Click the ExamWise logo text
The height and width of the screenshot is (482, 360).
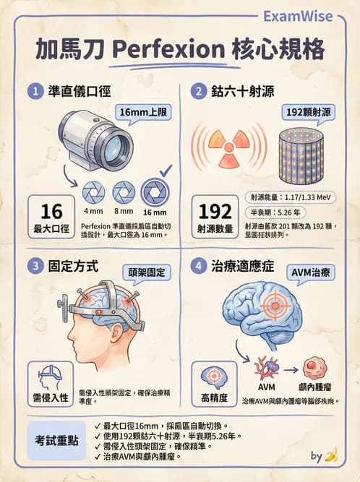click(x=298, y=17)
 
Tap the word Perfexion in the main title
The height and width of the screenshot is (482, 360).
click(x=168, y=50)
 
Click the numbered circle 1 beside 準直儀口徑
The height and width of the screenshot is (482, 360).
click(x=35, y=92)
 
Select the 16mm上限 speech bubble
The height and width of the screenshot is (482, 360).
click(x=142, y=113)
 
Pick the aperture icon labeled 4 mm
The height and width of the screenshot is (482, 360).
click(x=93, y=193)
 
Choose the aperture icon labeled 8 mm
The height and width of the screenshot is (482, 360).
click(x=124, y=193)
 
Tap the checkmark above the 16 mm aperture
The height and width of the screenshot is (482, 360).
click(x=166, y=171)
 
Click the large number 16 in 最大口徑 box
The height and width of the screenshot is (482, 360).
click(x=51, y=211)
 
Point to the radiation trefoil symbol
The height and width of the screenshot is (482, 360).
click(x=228, y=148)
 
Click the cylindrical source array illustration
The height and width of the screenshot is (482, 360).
click(x=301, y=157)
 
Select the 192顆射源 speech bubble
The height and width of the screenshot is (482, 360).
click(x=309, y=113)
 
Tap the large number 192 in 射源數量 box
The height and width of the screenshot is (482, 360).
click(x=215, y=211)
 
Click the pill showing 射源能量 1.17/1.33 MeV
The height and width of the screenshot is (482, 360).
click(x=290, y=197)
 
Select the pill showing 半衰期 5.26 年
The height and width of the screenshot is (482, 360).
click(x=275, y=212)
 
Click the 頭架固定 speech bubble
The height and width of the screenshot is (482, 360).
click(x=147, y=273)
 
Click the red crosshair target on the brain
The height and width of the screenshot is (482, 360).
click(x=275, y=306)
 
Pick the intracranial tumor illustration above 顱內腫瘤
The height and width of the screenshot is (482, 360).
click(x=314, y=368)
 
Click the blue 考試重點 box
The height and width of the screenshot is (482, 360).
click(x=56, y=441)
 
